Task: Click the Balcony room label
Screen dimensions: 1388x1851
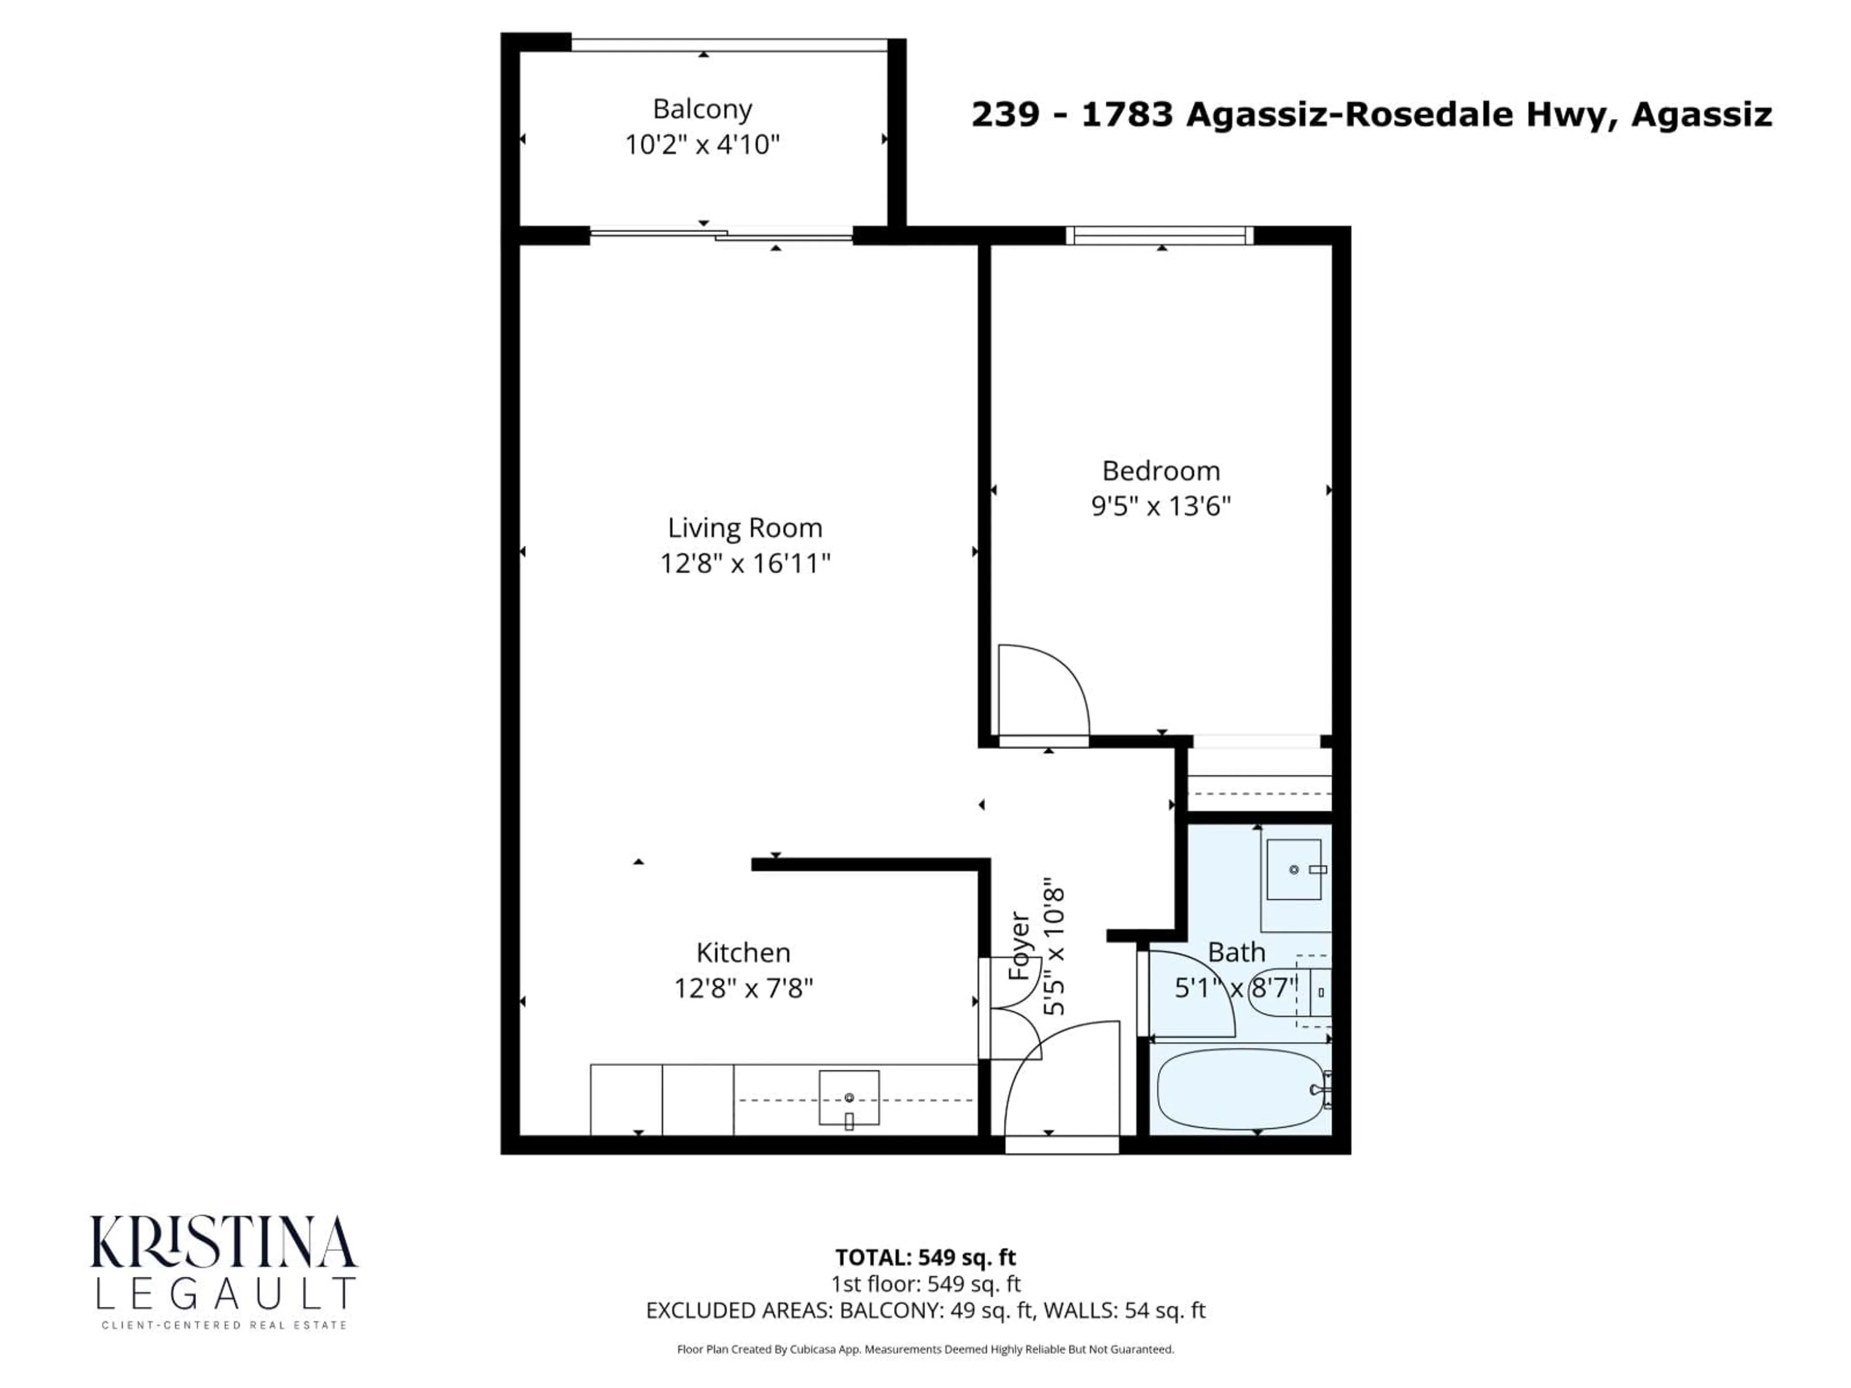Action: tap(702, 109)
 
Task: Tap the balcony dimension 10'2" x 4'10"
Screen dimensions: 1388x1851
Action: tap(702, 145)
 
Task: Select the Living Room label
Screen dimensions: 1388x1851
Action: tap(745, 528)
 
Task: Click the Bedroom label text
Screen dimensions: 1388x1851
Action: tap(1161, 471)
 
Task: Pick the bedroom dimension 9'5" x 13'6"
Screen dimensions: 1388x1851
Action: tap(1161, 506)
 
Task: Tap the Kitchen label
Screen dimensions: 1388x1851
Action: tap(743, 952)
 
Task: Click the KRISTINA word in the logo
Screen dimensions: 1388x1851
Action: tap(224, 1241)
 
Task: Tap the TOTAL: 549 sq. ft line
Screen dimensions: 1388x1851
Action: tap(925, 1257)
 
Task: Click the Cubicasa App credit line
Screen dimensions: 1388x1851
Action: tap(925, 1349)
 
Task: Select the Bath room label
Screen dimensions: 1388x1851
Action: tap(1236, 952)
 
